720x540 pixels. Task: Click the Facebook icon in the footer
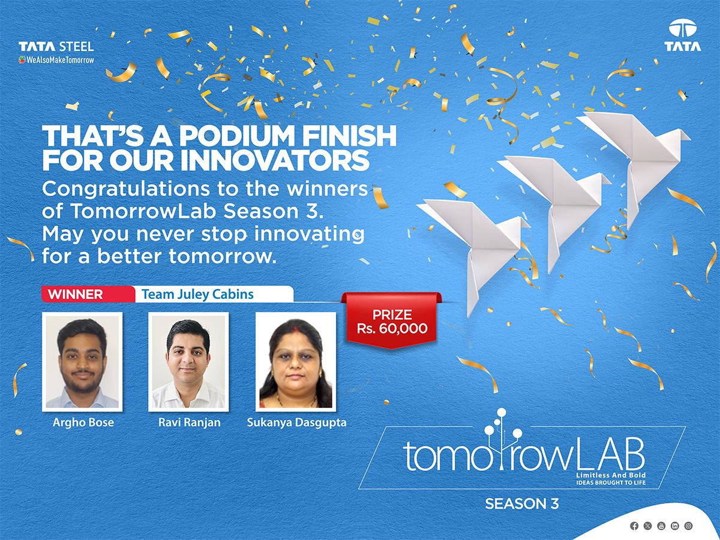pyautogui.click(x=634, y=526)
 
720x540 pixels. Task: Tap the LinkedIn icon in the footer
pyautogui.click(x=674, y=526)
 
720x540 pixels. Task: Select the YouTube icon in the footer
pyautogui.click(x=661, y=526)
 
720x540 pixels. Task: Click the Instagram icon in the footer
pyautogui.click(x=688, y=526)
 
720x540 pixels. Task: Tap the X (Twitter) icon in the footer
pyautogui.click(x=647, y=526)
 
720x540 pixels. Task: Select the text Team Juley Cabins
pyautogui.click(x=197, y=294)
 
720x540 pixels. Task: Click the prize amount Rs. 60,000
pyautogui.click(x=392, y=329)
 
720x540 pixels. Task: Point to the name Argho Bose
pyautogui.click(x=83, y=422)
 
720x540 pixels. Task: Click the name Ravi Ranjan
pyautogui.click(x=189, y=422)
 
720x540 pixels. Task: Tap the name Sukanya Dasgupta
pyautogui.click(x=296, y=422)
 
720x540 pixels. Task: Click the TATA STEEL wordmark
pyautogui.click(x=56, y=46)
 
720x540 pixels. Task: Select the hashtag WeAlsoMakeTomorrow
pyautogui.click(x=56, y=60)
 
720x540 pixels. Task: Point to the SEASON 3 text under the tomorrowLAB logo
pyautogui.click(x=522, y=504)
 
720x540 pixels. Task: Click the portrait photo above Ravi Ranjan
pyautogui.click(x=188, y=362)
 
